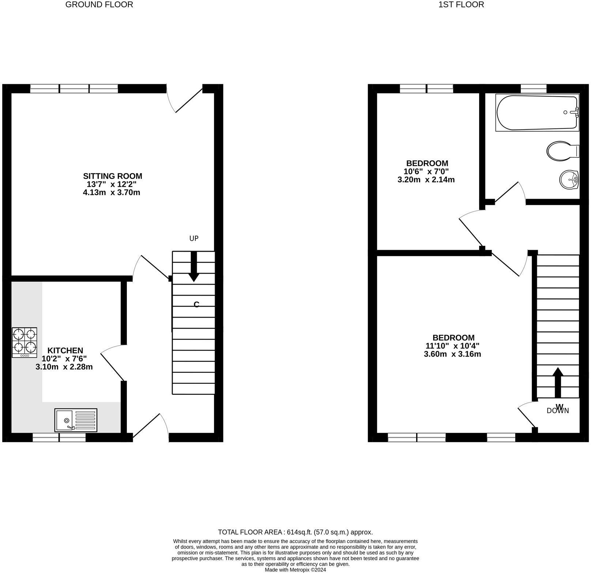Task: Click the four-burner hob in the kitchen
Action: [25, 342]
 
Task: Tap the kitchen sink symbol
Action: [76, 420]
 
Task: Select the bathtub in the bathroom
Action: [537, 112]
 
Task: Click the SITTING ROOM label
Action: [112, 176]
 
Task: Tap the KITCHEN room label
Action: [65, 351]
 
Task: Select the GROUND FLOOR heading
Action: [99, 5]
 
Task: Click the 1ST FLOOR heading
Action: [461, 5]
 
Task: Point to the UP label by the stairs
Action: [194, 239]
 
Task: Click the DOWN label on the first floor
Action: [558, 411]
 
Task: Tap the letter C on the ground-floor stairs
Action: [196, 304]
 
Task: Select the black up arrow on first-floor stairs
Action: [557, 382]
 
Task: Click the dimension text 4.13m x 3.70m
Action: [112, 192]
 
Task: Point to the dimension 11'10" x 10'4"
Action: [452, 346]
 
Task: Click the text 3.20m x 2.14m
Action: [426, 180]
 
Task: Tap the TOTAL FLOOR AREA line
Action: [295, 532]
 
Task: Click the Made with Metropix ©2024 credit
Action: [295, 570]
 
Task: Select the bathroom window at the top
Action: [534, 88]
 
